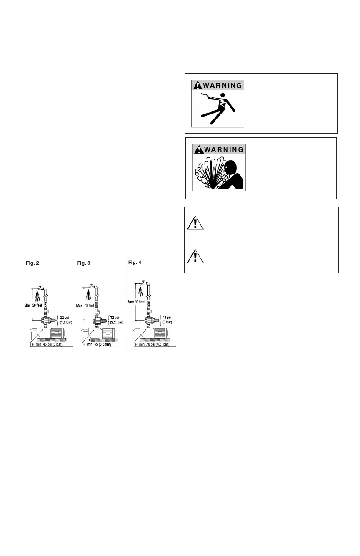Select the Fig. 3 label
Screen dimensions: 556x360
click(x=85, y=263)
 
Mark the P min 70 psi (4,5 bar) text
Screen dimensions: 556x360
click(x=153, y=345)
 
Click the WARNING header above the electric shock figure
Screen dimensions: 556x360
click(x=217, y=85)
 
